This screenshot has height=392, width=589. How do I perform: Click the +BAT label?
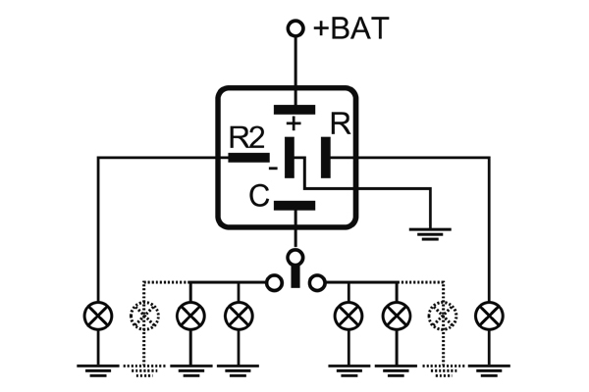(350, 28)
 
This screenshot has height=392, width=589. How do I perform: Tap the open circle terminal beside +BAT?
(294, 29)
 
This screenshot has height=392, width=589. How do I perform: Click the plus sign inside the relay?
(294, 122)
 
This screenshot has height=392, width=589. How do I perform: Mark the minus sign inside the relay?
(272, 170)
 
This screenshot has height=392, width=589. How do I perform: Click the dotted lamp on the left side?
(142, 317)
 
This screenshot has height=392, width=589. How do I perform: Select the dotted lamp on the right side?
(444, 317)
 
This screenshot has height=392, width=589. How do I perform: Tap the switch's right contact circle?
(315, 283)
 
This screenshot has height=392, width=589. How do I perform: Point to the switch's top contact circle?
(294, 258)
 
